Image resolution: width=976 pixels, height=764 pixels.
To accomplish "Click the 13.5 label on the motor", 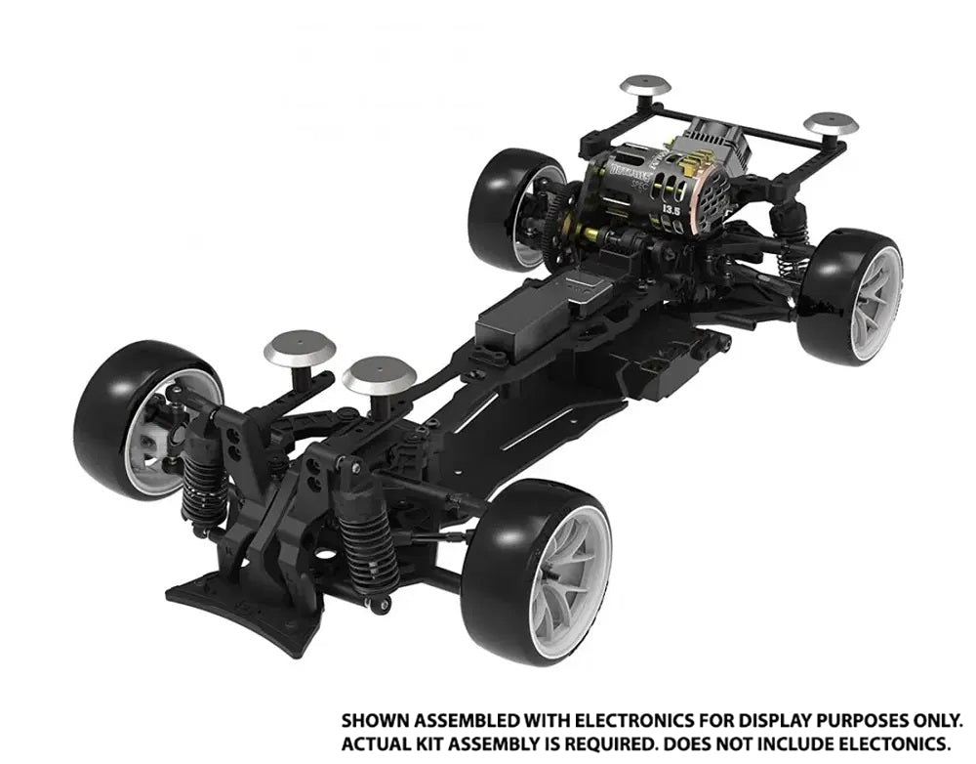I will pos(671,210).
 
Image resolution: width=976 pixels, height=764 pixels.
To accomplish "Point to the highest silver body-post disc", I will pos(645,85).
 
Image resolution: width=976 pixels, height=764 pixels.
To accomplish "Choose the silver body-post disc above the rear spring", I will pos(831,124).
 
